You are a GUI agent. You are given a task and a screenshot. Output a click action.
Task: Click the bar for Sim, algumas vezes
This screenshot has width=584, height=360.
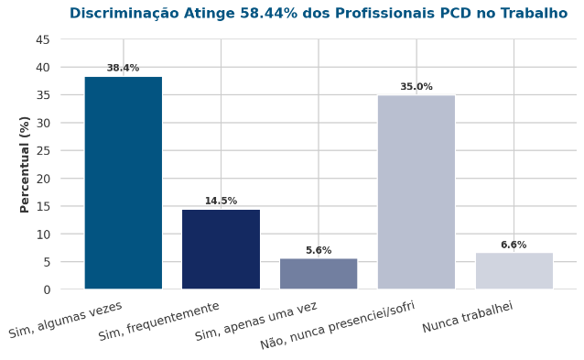tap(124, 182)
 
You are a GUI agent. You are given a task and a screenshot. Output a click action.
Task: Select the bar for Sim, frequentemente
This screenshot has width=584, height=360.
tap(221, 249)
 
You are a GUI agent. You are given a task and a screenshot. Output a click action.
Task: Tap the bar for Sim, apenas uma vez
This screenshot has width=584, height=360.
tap(319, 274)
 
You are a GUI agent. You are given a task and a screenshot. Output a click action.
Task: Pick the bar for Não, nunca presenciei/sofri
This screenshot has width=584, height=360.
tap(416, 192)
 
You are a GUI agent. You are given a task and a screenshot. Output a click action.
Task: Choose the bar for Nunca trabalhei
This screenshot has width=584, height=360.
tap(514, 270)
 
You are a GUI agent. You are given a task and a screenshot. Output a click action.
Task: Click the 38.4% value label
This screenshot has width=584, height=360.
tap(123, 68)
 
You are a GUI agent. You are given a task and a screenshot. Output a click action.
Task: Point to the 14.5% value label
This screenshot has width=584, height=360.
tap(221, 201)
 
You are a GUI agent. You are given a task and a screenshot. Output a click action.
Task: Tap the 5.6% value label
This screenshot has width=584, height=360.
tap(319, 250)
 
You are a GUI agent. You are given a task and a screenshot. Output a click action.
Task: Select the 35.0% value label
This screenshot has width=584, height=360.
tap(416, 87)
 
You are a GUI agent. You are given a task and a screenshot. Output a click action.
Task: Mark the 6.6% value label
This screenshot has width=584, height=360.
tap(514, 245)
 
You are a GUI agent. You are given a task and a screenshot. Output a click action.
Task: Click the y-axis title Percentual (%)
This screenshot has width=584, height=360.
tap(25, 165)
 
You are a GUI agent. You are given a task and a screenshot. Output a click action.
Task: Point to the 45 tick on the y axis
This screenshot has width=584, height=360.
tap(43, 39)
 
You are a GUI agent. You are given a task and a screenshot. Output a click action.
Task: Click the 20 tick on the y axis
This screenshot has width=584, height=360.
tap(43, 179)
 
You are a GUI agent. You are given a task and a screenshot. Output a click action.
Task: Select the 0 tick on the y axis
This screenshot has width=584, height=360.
tap(47, 290)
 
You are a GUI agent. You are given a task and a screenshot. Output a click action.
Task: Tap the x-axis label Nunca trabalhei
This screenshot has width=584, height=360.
tap(468, 317)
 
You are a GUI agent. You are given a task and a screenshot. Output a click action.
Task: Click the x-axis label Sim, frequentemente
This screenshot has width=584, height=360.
tap(159, 321)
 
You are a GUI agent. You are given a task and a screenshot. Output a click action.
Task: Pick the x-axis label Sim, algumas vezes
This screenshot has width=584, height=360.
tap(66, 320)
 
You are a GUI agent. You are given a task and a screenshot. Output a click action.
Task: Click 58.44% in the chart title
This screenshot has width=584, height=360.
tap(269, 14)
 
